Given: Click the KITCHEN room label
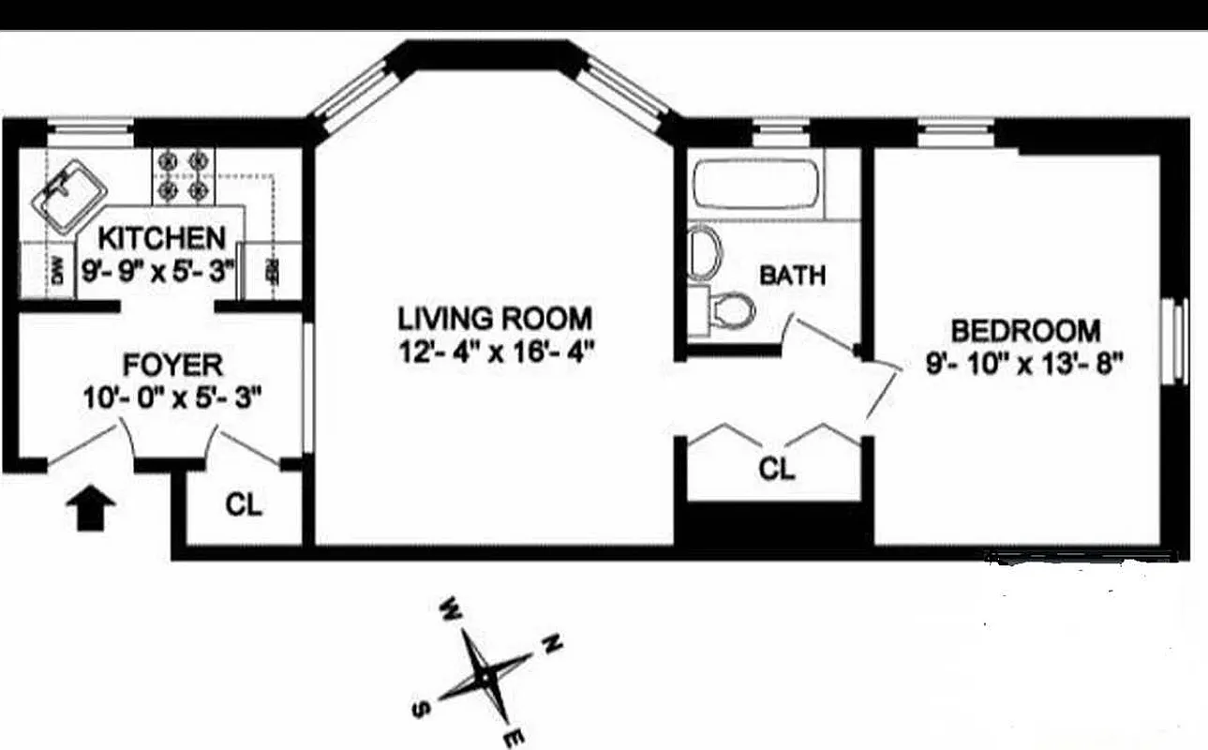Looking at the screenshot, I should (162, 237).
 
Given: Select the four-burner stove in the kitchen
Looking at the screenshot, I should (183, 175).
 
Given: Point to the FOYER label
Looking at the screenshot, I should (172, 364).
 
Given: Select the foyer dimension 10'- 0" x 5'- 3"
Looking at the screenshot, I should (171, 397).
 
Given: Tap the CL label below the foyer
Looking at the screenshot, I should (244, 505).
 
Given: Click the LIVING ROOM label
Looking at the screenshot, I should (495, 318).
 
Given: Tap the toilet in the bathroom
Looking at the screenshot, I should (730, 307).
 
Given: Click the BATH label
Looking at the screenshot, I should (793, 276).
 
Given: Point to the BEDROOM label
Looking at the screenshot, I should (1025, 331).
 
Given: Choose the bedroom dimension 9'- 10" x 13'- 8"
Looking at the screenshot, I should (1024, 363).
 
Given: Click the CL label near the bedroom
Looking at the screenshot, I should (776, 469).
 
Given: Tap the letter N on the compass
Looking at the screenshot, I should (552, 644).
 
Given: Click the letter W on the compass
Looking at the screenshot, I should (450, 609).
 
